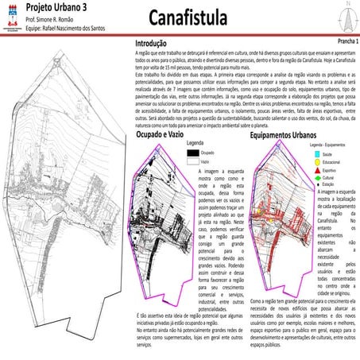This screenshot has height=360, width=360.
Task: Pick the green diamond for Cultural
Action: tap(319, 177)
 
